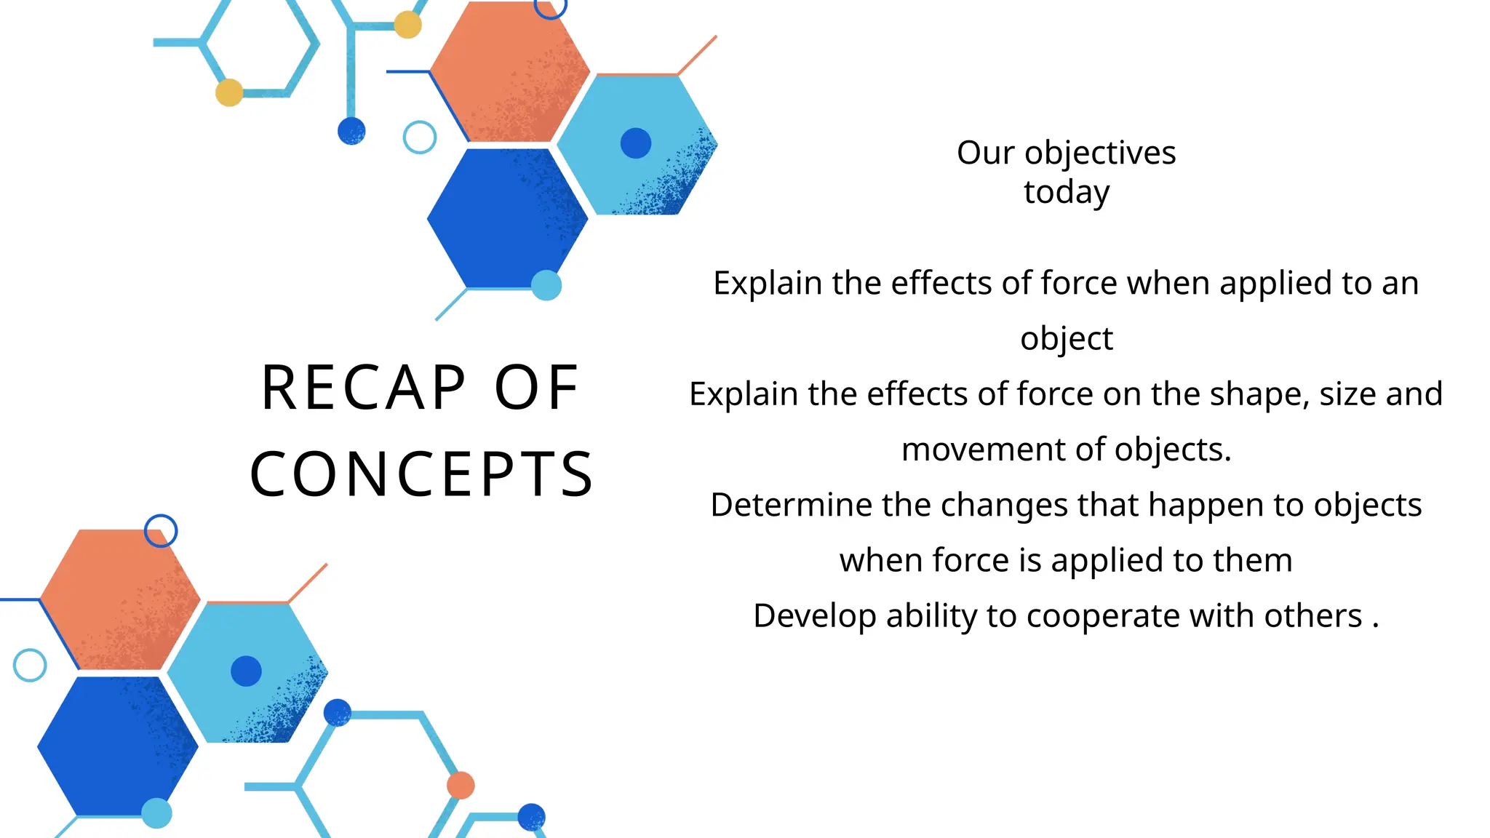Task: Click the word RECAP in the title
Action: pyautogui.click(x=363, y=388)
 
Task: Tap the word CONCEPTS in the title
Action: pyautogui.click(x=421, y=474)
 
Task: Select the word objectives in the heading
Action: pyautogui.click(x=1099, y=153)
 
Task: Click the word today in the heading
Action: pyautogui.click(x=1066, y=192)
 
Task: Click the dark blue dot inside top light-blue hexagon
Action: pyautogui.click(x=635, y=143)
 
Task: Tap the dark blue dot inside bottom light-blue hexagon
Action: pyautogui.click(x=246, y=671)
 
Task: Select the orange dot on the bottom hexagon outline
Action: pyautogui.click(x=461, y=786)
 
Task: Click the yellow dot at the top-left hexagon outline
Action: pyautogui.click(x=229, y=92)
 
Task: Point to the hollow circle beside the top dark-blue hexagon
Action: pyautogui.click(x=420, y=137)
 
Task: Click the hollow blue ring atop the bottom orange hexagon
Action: pyautogui.click(x=161, y=531)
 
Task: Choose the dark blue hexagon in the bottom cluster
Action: pyautogui.click(x=116, y=746)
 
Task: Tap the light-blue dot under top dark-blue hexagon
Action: pyautogui.click(x=546, y=285)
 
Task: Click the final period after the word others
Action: pyautogui.click(x=1375, y=626)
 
